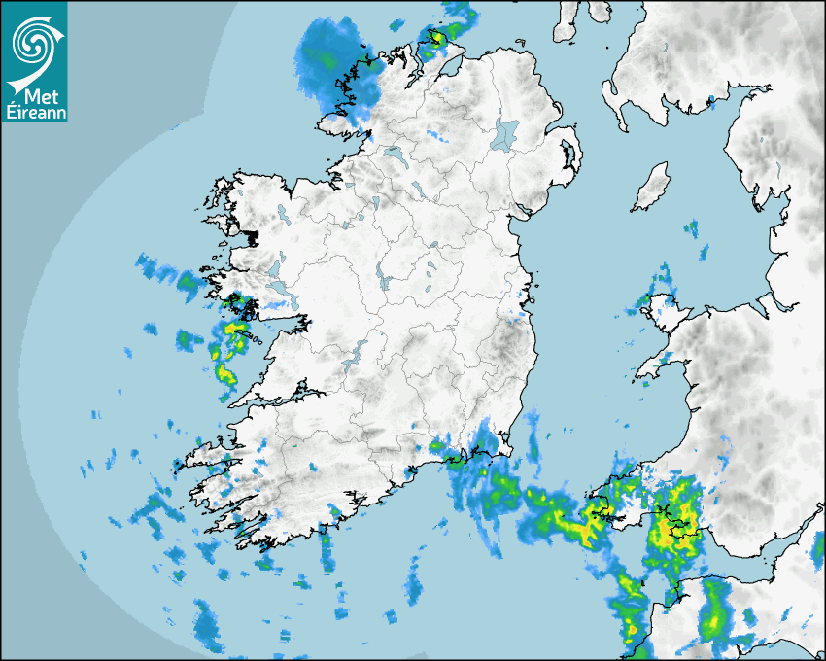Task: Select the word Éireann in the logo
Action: (x=34, y=112)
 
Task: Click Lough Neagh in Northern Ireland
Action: (x=504, y=133)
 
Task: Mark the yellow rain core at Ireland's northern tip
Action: (x=436, y=38)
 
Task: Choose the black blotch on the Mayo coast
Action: (x=252, y=237)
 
